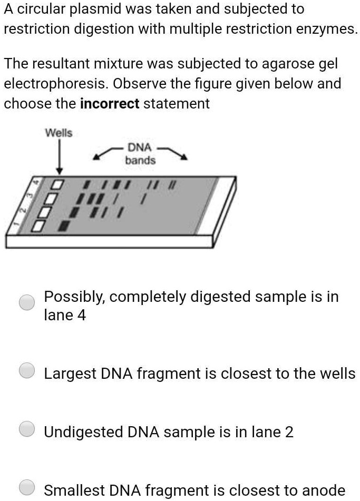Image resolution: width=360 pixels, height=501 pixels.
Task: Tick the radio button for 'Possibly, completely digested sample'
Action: tap(27, 302)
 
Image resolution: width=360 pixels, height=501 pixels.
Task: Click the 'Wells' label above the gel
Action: tap(59, 133)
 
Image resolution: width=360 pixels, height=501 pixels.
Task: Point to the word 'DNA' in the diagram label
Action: tap(140, 148)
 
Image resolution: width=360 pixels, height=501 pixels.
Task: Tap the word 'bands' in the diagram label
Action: tap(140, 160)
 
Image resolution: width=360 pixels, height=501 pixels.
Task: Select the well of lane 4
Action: tap(57, 185)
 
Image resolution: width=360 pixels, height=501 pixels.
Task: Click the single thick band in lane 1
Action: tap(64, 227)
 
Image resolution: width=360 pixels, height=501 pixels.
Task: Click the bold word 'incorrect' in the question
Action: tap(109, 103)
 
